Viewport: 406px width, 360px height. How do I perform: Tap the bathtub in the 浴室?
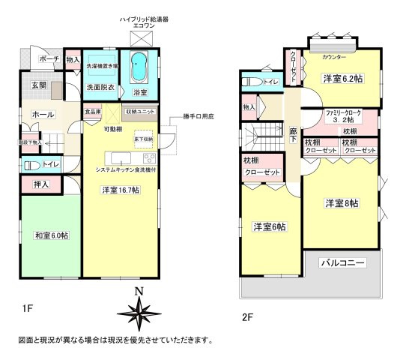(x=140, y=68)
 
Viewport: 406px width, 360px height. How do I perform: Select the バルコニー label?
(x=342, y=263)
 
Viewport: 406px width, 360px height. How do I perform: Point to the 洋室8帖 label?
(x=341, y=203)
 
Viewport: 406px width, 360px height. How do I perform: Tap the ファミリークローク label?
(x=342, y=112)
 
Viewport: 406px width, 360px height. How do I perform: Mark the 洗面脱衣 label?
(x=99, y=88)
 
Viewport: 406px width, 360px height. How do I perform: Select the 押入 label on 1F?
(x=41, y=183)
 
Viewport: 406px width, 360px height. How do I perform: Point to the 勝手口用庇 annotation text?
(x=198, y=118)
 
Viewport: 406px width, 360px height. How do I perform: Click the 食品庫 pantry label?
(x=92, y=112)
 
